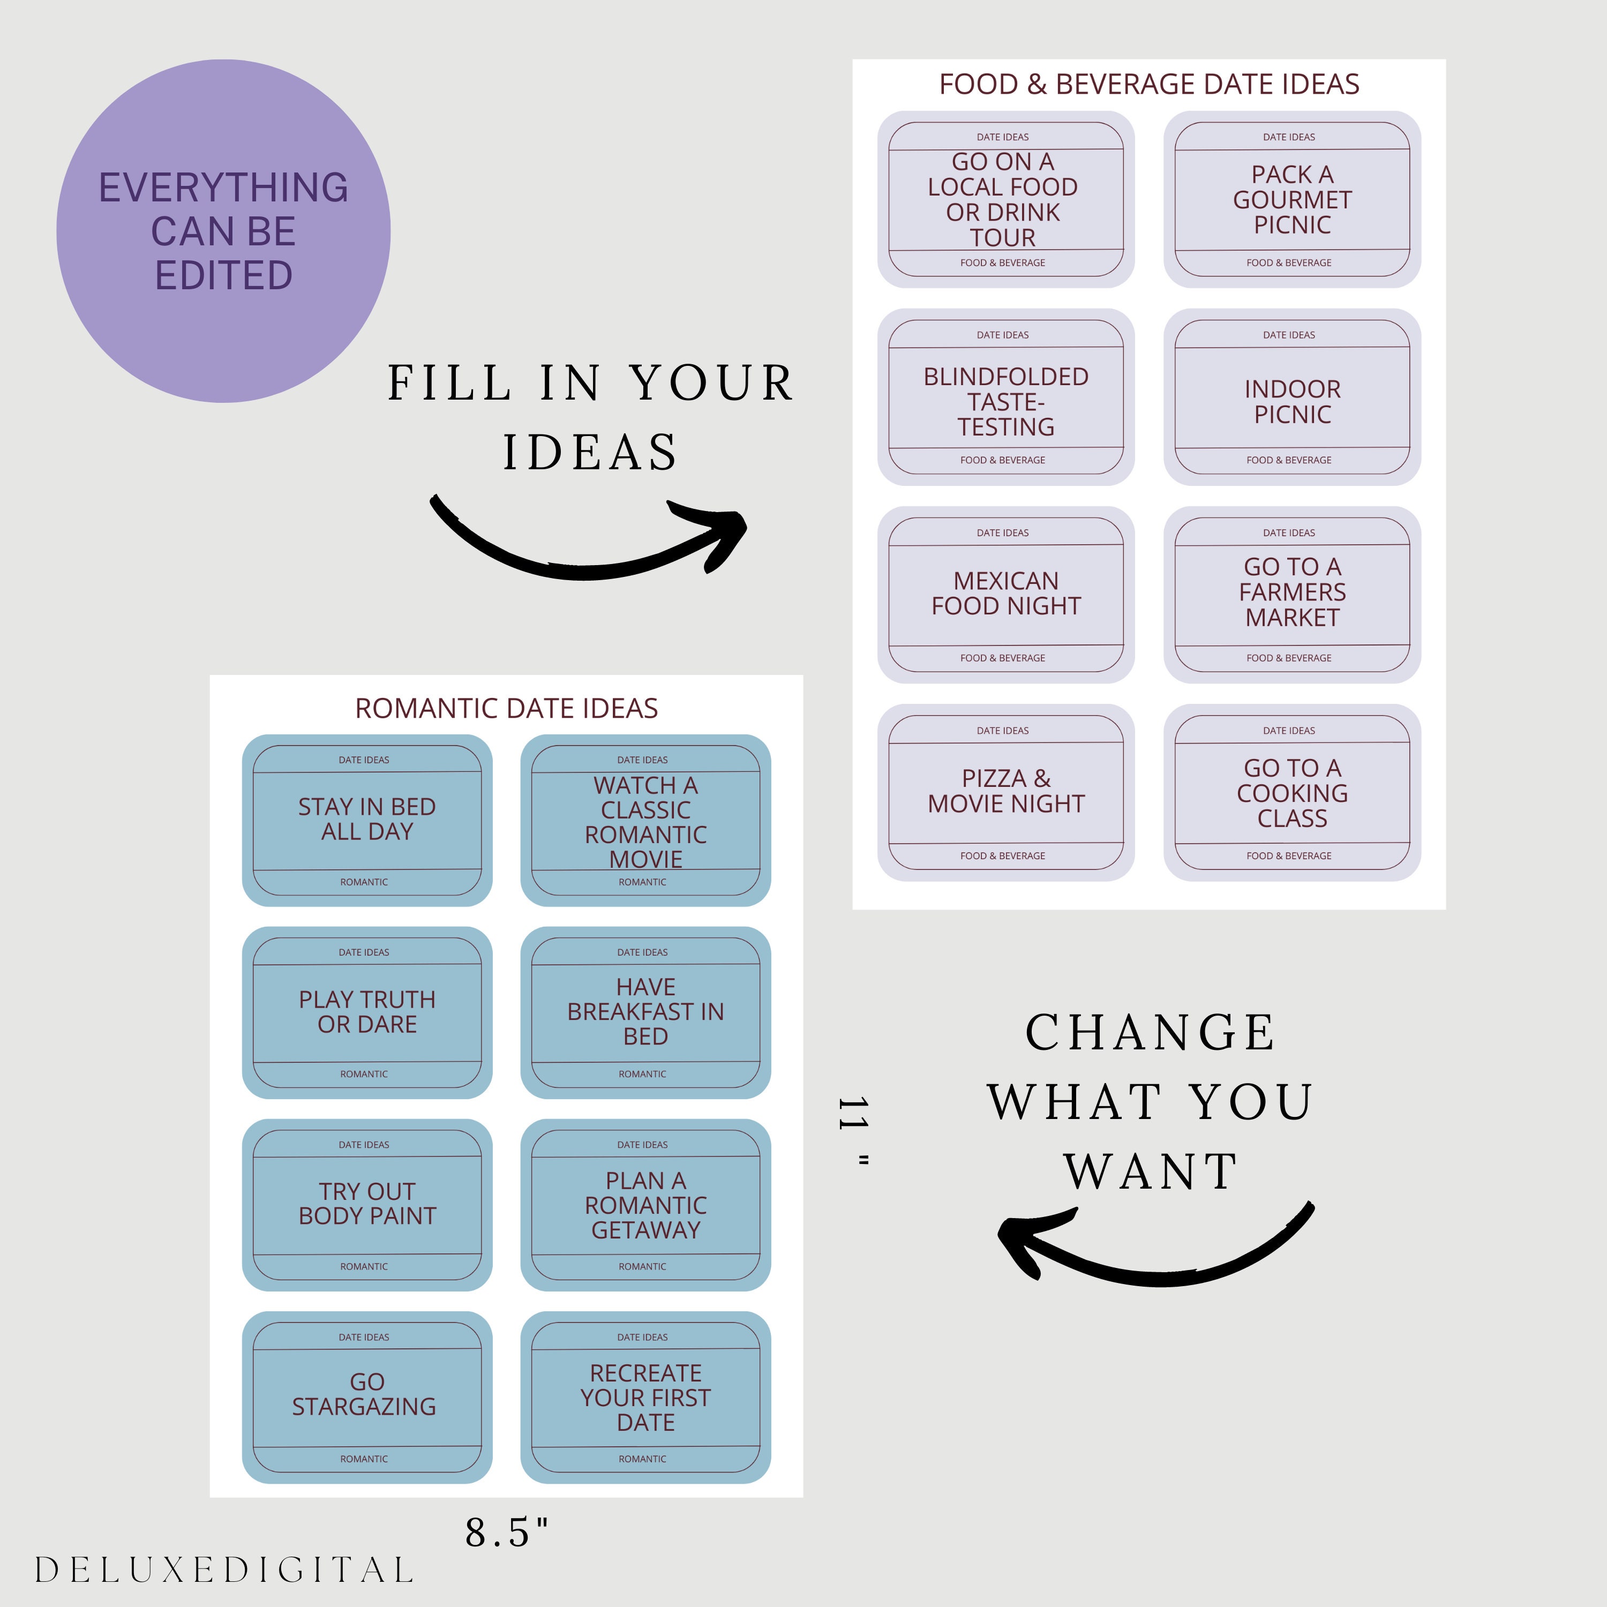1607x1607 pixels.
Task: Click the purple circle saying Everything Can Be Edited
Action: [x=223, y=231]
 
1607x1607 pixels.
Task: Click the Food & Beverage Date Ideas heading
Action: [x=1148, y=84]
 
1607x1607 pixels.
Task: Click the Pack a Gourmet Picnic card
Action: [x=1291, y=200]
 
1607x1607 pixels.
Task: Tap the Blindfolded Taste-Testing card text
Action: [x=1005, y=402]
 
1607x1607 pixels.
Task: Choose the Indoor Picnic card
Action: [x=1291, y=397]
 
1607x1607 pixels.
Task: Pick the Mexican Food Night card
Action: [x=1005, y=595]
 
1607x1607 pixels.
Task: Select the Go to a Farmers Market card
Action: [x=1291, y=595]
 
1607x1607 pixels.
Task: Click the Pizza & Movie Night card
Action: [x=1005, y=793]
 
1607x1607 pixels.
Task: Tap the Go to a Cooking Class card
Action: [x=1291, y=793]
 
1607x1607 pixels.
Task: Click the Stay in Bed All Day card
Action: [x=367, y=820]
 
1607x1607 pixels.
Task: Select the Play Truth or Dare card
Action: [x=367, y=1012]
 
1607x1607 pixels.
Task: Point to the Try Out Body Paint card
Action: [x=367, y=1204]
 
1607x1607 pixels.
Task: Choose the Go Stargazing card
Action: [x=367, y=1398]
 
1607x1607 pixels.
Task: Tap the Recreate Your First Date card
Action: [x=645, y=1398]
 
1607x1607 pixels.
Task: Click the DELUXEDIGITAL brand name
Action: [x=224, y=1570]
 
